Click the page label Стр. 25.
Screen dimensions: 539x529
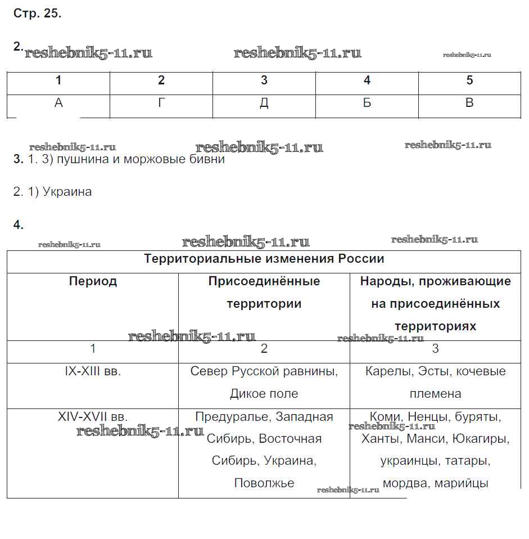[x=37, y=14]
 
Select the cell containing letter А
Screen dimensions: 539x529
[x=58, y=103]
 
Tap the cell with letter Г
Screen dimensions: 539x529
[x=161, y=103]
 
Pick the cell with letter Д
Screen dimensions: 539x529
[x=264, y=103]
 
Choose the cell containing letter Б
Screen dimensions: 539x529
[x=367, y=103]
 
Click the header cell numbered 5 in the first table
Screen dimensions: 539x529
[x=470, y=80]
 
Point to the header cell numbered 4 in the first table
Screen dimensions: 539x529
[x=367, y=80]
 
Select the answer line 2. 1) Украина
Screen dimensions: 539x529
[x=52, y=192]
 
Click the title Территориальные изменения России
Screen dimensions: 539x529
[x=264, y=259]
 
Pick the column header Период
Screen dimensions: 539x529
[x=93, y=281]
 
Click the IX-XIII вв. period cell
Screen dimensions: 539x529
[x=93, y=371]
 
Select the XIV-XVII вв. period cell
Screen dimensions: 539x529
[x=93, y=417]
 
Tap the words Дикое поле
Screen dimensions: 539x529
[x=264, y=394]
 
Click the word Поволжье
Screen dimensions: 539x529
[x=264, y=483]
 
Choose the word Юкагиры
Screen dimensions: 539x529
[x=483, y=438]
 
